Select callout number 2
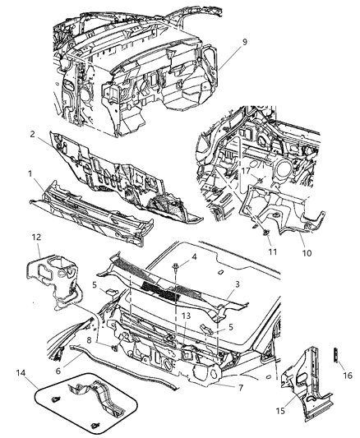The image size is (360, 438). click(x=30, y=135)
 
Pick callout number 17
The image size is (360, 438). click(x=246, y=171)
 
